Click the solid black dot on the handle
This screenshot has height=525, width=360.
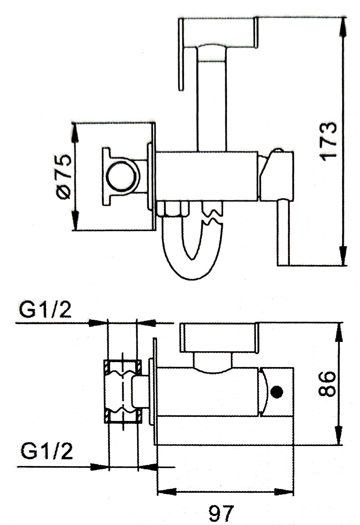point(277,391)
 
